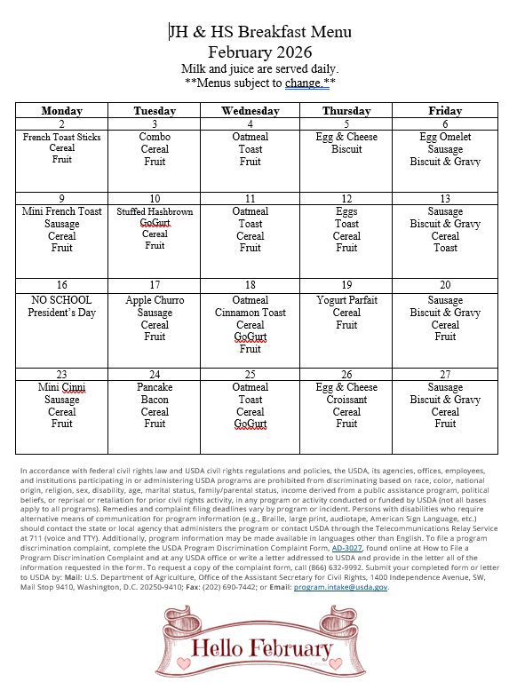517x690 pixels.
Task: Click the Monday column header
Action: click(x=62, y=111)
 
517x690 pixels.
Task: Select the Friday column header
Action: click(x=445, y=111)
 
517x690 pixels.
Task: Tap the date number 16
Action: click(x=62, y=286)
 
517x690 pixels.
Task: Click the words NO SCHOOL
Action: click(x=62, y=300)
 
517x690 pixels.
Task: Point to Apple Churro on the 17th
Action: click(x=155, y=300)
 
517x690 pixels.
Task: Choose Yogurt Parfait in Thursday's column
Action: click(x=346, y=300)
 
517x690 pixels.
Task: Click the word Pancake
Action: click(x=155, y=387)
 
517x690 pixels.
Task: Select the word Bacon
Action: click(x=155, y=400)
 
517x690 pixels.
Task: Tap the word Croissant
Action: click(x=346, y=400)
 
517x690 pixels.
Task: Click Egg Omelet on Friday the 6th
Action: click(x=445, y=137)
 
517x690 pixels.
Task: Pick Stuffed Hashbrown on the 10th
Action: click(x=155, y=212)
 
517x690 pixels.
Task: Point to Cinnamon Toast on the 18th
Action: click(x=251, y=313)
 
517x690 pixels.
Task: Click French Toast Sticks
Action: click(x=62, y=138)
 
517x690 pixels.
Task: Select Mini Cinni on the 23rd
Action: click(x=62, y=387)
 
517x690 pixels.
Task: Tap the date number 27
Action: click(x=445, y=374)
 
